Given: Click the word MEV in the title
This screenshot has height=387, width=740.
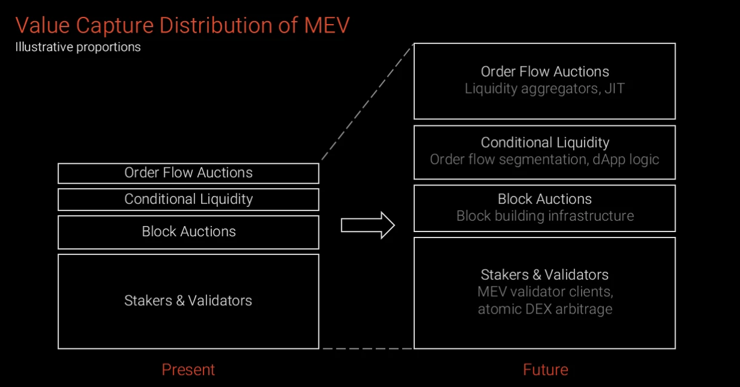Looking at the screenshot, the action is click(x=327, y=25).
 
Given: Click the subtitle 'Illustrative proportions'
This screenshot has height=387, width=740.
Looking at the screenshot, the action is click(x=78, y=47).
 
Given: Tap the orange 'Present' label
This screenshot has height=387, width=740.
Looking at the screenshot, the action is click(x=188, y=370).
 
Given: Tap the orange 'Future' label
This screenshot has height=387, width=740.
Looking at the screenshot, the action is click(x=546, y=370).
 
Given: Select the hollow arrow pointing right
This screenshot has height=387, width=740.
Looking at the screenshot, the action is click(x=368, y=225).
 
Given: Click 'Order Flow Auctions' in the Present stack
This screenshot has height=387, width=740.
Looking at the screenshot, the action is click(x=188, y=172).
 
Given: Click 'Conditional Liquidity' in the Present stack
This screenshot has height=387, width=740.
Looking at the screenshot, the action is click(x=188, y=199).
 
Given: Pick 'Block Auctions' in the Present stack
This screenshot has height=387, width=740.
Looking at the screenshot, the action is click(x=188, y=231).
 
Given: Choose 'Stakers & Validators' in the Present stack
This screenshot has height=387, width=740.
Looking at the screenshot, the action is click(x=188, y=301).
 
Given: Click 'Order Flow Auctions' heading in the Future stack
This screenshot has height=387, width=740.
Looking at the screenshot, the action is click(x=545, y=72).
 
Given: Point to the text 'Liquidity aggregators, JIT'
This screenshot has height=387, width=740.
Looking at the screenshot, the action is click(x=545, y=89).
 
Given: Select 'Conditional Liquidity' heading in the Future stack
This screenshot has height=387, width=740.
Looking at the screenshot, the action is click(x=545, y=142).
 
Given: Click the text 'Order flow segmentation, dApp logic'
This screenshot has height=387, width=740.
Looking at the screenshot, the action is click(x=544, y=159).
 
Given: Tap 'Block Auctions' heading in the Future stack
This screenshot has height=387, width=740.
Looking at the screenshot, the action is click(x=545, y=199).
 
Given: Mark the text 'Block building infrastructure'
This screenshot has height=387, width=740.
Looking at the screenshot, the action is click(x=545, y=216).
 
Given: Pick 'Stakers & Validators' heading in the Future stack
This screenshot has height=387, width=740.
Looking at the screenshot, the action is click(x=545, y=275).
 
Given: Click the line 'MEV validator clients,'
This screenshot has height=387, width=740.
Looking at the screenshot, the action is click(x=545, y=292).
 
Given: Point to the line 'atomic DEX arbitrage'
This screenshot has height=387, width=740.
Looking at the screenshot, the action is click(x=545, y=309).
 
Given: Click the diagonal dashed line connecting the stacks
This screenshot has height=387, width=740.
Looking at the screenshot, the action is click(x=367, y=102).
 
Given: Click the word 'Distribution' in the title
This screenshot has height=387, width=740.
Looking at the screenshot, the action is click(x=216, y=25).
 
